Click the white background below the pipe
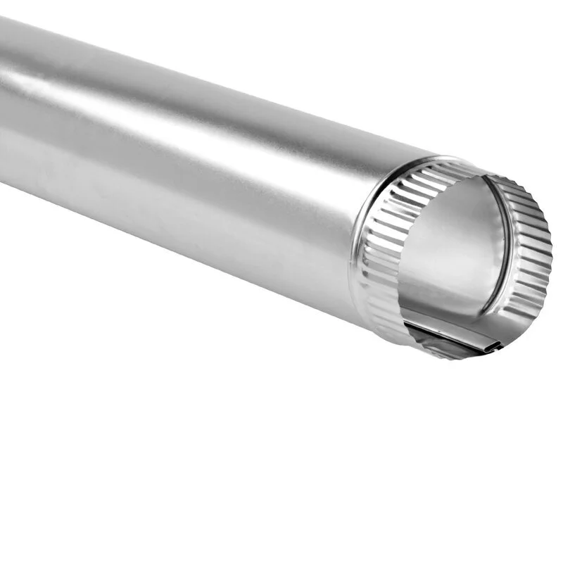tap(211, 422)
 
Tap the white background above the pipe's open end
tap(457, 84)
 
